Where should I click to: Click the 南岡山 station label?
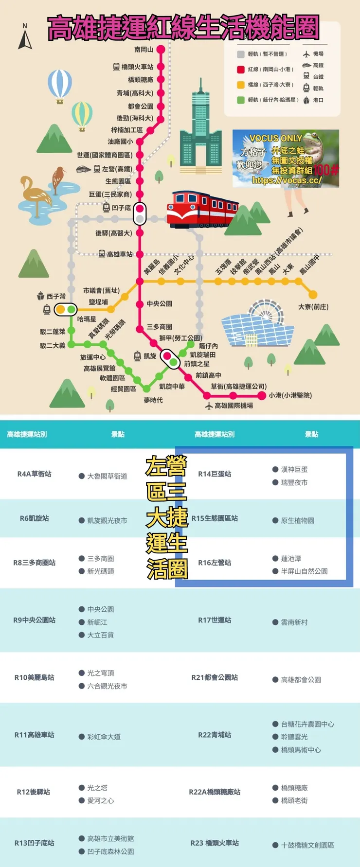tap(144, 50)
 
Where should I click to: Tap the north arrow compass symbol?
tap(25, 37)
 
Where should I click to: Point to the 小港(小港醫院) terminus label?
tap(290, 395)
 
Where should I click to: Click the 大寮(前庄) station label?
tap(313, 307)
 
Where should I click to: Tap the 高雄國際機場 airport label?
tap(234, 405)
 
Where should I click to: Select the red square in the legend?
tap(240, 70)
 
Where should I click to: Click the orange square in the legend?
tap(240, 85)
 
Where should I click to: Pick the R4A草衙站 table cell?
tap(34, 474)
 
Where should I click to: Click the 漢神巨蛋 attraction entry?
tap(294, 469)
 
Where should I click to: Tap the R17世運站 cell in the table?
tap(215, 620)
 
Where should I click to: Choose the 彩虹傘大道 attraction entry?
tap(104, 737)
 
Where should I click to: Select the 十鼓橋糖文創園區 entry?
tap(307, 845)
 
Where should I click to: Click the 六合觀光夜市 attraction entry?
tap(107, 686)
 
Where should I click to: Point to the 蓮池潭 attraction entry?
tap(290, 559)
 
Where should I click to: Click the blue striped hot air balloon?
tap(60, 85)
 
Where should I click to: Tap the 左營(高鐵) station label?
tap(116, 169)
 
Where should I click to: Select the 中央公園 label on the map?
tap(159, 303)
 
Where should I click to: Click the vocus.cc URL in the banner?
tap(287, 180)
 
